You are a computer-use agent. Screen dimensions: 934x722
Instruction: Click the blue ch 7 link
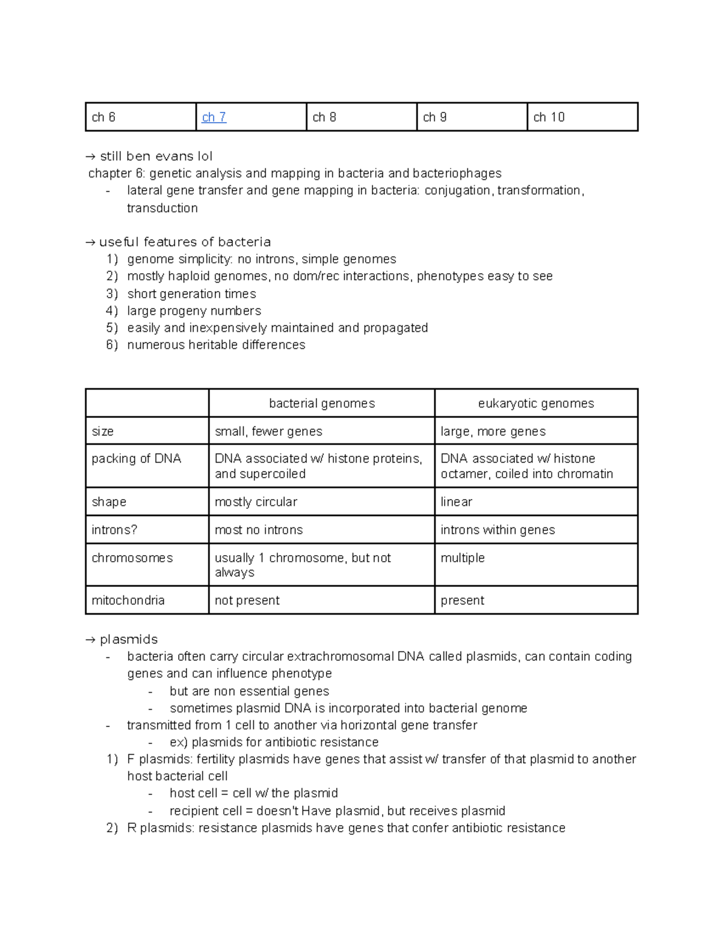214,117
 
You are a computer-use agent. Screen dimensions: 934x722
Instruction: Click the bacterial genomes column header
322,404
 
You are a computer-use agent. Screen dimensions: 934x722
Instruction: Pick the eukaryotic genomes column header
535,404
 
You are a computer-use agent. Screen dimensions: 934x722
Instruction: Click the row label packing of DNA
136,458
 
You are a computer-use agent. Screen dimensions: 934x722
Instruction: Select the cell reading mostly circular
256,502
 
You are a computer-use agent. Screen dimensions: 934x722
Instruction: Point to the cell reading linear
456,502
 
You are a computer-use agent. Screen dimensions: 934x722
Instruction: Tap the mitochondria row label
128,600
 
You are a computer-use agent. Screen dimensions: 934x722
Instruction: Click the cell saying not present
247,600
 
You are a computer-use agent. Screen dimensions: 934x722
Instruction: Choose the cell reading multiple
462,558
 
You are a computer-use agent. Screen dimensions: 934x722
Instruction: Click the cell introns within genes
498,530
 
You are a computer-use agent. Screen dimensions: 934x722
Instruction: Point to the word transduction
162,208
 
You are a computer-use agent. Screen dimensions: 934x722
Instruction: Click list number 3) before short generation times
112,293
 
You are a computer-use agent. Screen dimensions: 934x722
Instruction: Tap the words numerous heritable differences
216,345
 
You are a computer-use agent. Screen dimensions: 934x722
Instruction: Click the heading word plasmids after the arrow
129,639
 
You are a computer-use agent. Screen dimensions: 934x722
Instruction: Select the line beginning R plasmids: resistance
346,828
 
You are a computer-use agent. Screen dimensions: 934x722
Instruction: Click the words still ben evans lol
156,156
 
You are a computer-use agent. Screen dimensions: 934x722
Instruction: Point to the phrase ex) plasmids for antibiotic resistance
274,742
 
